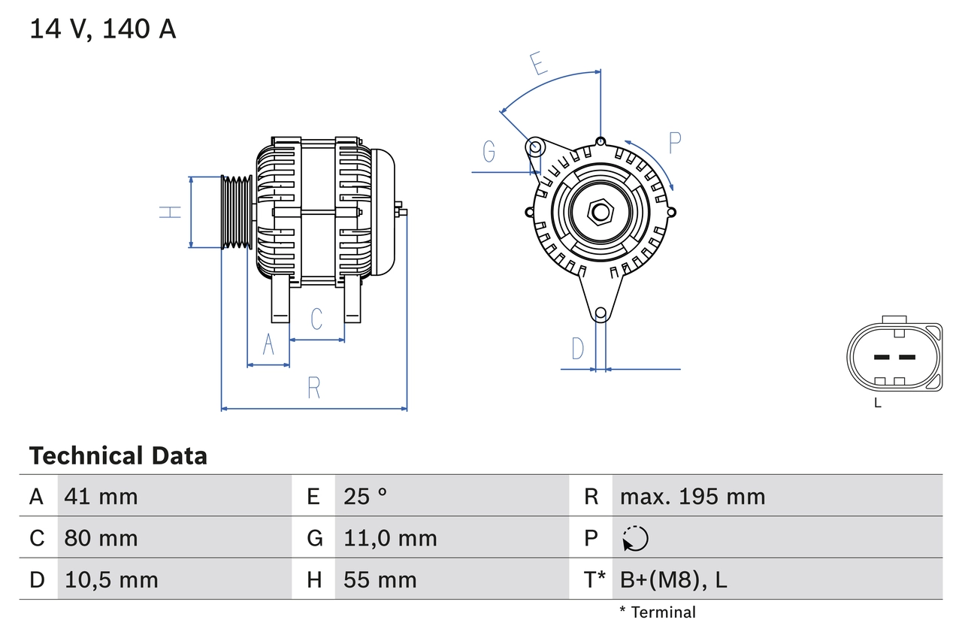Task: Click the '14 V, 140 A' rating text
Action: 103,29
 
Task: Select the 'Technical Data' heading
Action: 118,456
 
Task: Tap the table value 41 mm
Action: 101,497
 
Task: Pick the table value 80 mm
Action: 101,538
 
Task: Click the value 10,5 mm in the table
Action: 111,579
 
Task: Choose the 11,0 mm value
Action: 390,538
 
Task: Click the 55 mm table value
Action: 380,579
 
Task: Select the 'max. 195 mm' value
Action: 692,497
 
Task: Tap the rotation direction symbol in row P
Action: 635,538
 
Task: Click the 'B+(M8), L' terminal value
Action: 673,579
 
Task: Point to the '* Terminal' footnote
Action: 658,612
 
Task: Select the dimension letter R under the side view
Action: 314,388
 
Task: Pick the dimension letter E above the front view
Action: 538,65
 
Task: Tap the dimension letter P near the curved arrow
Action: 674,143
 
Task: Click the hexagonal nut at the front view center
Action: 600,211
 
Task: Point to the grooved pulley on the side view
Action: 237,212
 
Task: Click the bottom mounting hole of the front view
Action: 600,313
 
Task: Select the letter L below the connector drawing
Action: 877,404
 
